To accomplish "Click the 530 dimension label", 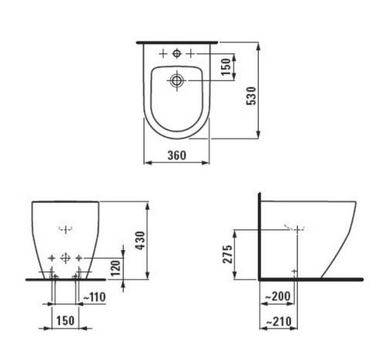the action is [252, 96].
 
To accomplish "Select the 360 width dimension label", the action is [177, 155].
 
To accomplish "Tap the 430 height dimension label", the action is [140, 241].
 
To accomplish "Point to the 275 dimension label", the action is [228, 254].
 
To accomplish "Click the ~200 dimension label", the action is [277, 296].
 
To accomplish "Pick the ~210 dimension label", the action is [279, 322].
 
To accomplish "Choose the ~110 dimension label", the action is [95, 297].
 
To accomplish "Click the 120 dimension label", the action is [115, 268].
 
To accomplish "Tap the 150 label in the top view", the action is [226, 67].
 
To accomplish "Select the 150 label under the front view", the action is [65, 321].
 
